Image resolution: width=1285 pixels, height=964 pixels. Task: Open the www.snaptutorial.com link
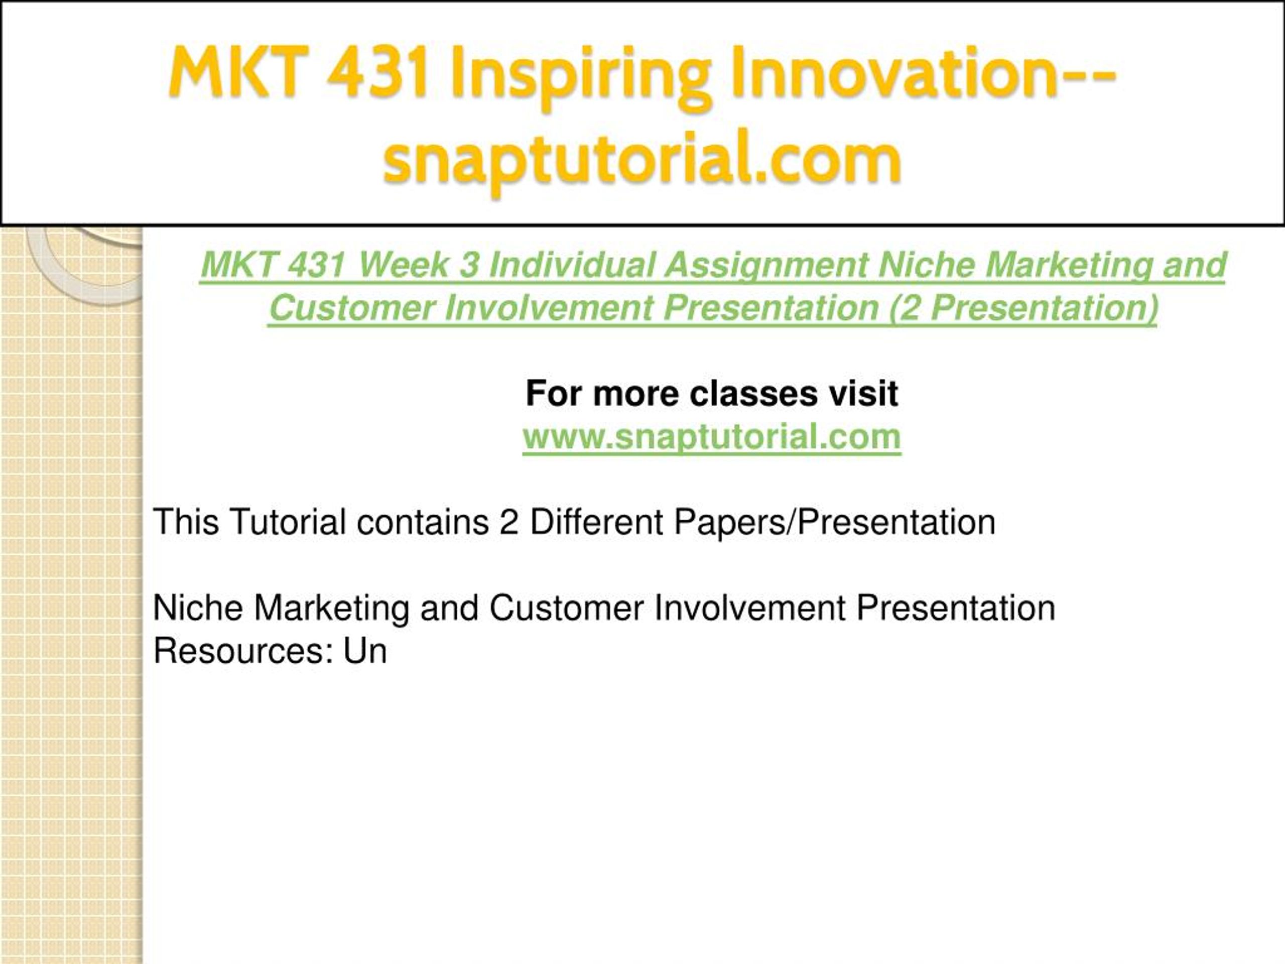pos(712,437)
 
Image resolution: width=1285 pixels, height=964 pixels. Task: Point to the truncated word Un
pos(365,651)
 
